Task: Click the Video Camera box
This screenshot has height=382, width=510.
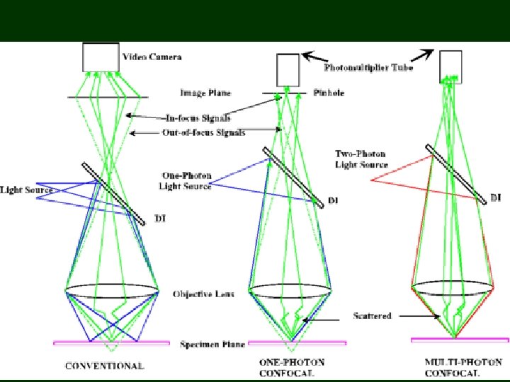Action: (101, 57)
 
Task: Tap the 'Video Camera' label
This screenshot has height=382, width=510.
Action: (152, 57)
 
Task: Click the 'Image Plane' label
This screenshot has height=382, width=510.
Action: (205, 93)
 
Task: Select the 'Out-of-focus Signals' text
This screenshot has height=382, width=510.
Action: (200, 132)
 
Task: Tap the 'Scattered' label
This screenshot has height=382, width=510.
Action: (372, 316)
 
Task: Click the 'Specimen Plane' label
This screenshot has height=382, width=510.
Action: (212, 345)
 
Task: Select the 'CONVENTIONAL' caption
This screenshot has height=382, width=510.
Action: (104, 366)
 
